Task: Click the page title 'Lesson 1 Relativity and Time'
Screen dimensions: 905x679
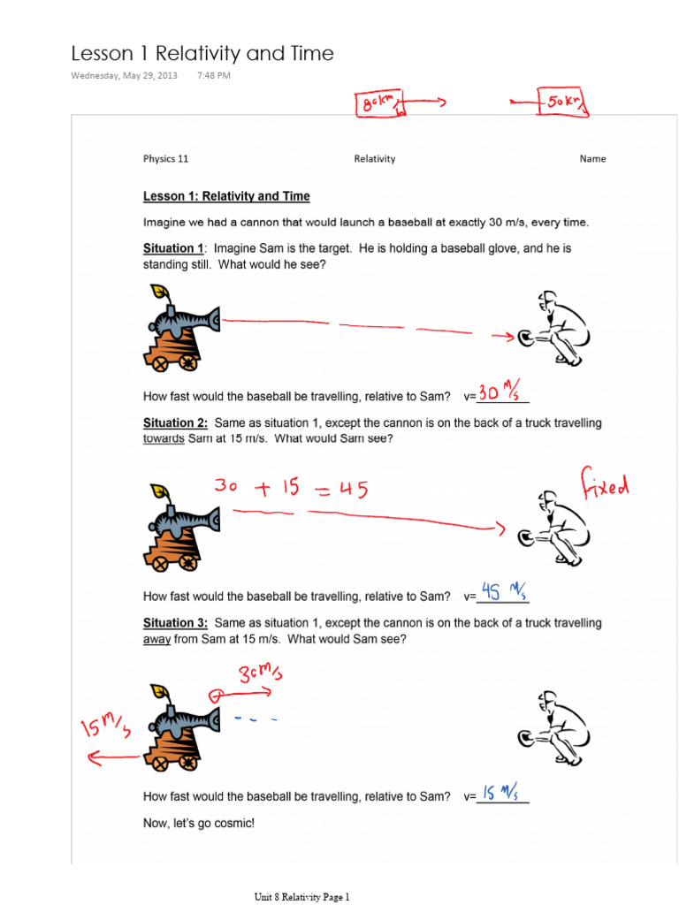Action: click(x=202, y=53)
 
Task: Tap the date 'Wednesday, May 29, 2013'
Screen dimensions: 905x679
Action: click(x=123, y=76)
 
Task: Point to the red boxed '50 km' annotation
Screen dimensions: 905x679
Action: click(x=563, y=103)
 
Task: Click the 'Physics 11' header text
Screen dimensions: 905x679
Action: click(x=165, y=159)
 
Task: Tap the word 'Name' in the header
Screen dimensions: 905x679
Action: click(x=592, y=159)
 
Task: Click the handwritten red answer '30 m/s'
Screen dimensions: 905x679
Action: click(x=500, y=392)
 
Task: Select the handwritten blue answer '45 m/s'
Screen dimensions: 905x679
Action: click(x=500, y=591)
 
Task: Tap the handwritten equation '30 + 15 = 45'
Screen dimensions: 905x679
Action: click(x=290, y=488)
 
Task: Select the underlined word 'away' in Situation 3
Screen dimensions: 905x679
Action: click(x=156, y=639)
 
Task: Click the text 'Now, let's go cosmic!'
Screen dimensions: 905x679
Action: click(x=199, y=823)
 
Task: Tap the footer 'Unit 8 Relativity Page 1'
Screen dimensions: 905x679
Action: click(x=302, y=896)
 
